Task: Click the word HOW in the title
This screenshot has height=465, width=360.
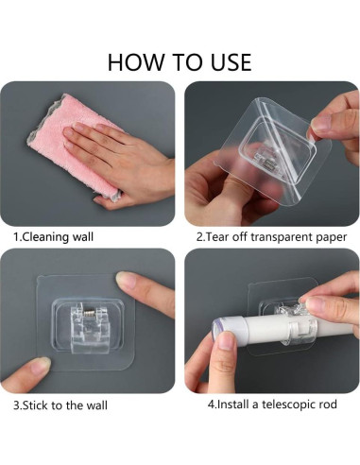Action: pyautogui.click(x=136, y=62)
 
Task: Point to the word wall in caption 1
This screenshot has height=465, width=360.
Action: pyautogui.click(x=83, y=236)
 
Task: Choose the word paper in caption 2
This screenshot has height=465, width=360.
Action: pyautogui.click(x=332, y=238)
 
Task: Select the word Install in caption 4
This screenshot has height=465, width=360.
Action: pyautogui.click(x=233, y=404)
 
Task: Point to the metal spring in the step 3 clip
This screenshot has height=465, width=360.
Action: pyautogui.click(x=90, y=314)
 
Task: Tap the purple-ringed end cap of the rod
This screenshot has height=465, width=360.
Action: pyautogui.click(x=216, y=330)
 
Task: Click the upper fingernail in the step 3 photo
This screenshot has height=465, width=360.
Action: pyautogui.click(x=126, y=279)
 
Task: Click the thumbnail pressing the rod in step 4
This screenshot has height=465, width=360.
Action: pyautogui.click(x=227, y=340)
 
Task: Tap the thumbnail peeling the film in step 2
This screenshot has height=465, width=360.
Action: pyautogui.click(x=321, y=124)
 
